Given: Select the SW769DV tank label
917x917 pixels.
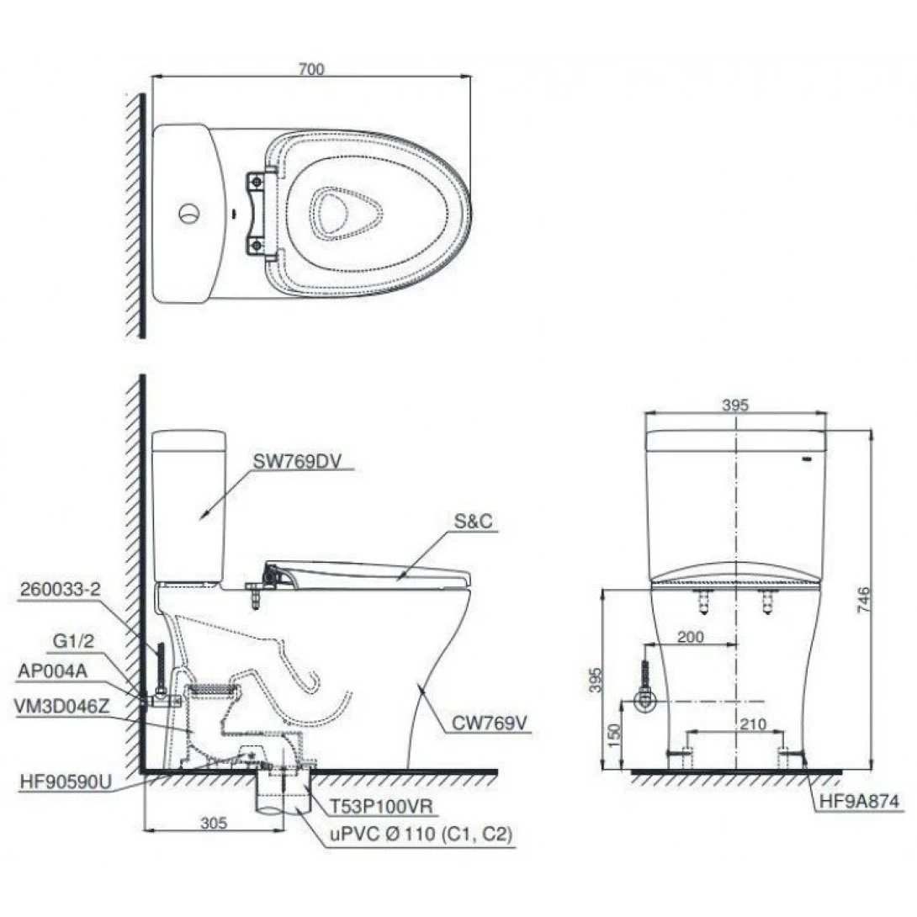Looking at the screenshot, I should tap(291, 460).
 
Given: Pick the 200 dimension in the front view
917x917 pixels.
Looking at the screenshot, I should tap(690, 638).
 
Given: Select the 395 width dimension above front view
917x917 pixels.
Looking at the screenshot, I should tap(735, 405).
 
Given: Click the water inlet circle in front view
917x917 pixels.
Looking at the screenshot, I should tap(645, 702).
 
